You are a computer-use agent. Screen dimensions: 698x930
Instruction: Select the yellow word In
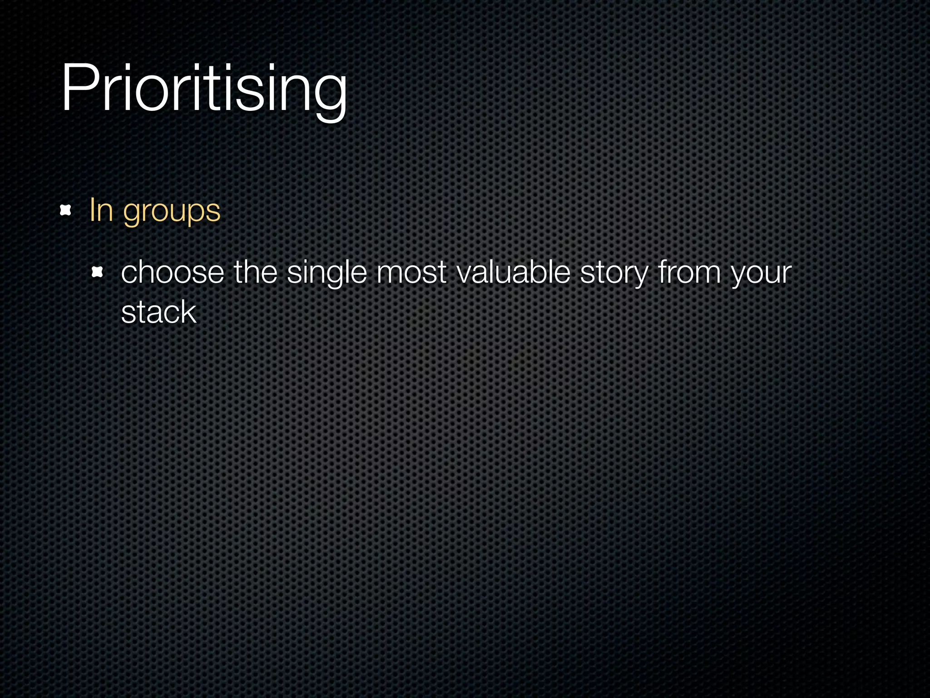(x=101, y=210)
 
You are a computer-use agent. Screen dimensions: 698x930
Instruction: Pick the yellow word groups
(x=172, y=212)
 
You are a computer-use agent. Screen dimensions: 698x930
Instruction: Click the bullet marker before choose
(x=97, y=272)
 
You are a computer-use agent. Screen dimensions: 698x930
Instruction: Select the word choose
(x=173, y=273)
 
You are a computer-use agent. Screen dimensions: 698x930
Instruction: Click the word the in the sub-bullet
(x=255, y=273)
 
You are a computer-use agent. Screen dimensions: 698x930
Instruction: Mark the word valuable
(x=513, y=273)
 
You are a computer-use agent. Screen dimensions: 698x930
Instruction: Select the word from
(x=689, y=273)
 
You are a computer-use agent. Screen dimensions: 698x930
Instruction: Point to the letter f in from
(x=663, y=272)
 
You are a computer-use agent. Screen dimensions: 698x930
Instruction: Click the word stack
(x=158, y=313)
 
